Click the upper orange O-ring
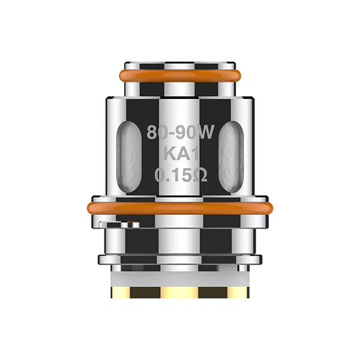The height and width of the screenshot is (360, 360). (180, 76)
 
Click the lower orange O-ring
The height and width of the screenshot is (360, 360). (180, 208)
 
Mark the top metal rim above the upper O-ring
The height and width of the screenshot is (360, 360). (180, 64)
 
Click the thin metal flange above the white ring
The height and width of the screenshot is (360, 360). (180, 259)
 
